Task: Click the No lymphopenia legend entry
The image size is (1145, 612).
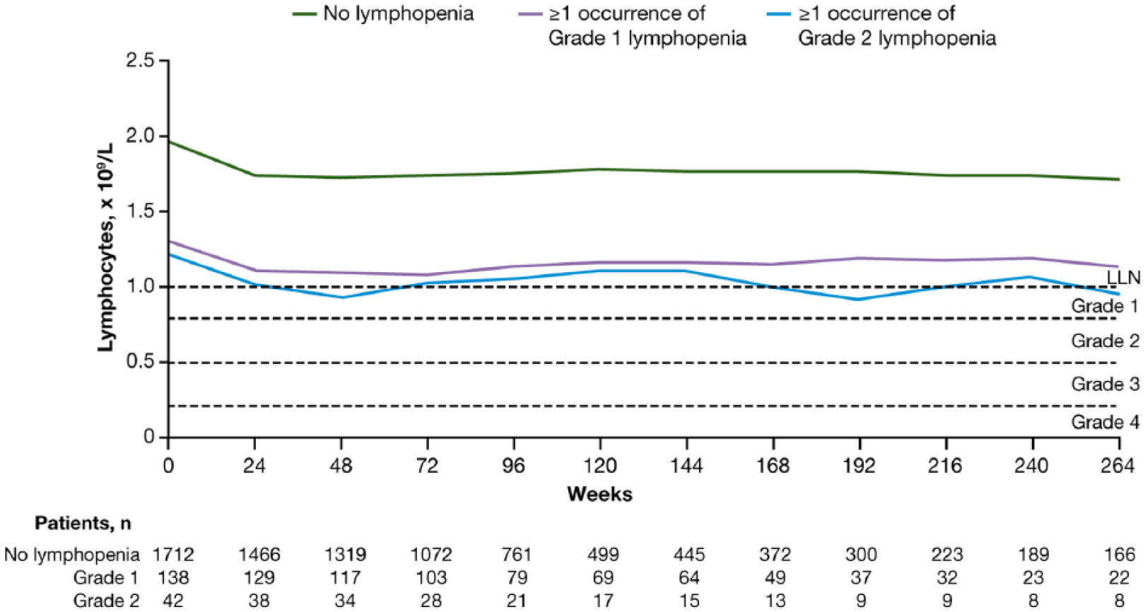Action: click(x=383, y=14)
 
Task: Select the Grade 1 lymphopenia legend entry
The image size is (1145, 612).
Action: click(x=632, y=25)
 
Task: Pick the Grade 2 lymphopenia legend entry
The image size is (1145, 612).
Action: click(x=882, y=25)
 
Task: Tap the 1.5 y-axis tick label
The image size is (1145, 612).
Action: click(x=139, y=211)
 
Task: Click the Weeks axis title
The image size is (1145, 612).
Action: click(x=599, y=494)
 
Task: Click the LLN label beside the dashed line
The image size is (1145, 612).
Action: click(x=1124, y=278)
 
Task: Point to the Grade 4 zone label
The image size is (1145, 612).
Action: click(x=1105, y=422)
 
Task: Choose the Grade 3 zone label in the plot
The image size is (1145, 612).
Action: click(x=1105, y=384)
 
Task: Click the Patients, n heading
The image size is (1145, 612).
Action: click(x=83, y=523)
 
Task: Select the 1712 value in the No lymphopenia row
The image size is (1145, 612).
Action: click(x=173, y=554)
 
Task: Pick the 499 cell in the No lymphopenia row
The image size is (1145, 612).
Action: click(x=603, y=554)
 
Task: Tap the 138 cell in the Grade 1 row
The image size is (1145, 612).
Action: click(x=173, y=578)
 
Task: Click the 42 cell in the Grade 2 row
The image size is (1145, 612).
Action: click(x=173, y=601)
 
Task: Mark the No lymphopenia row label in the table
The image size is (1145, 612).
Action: click(x=71, y=554)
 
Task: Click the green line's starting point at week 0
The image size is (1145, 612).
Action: click(x=169, y=141)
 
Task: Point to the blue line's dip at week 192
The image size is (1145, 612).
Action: click(x=860, y=299)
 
